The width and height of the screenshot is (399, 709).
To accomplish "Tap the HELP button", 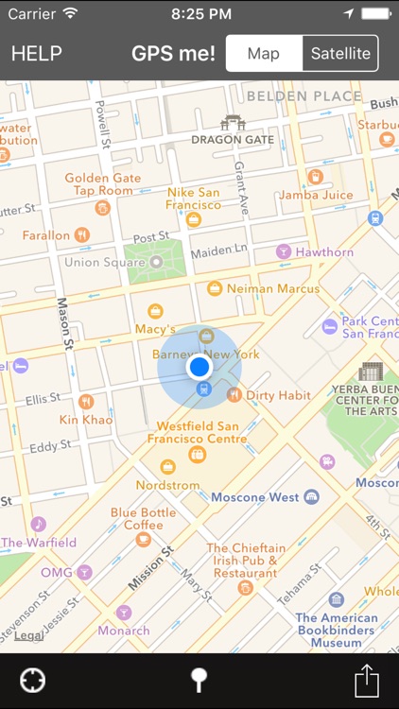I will pyautogui.click(x=37, y=53).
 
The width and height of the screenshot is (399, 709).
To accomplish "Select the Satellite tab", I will pyautogui.click(x=340, y=53).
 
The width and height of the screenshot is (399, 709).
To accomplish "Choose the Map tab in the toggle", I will pyautogui.click(x=264, y=53).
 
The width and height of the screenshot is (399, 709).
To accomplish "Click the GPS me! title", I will pyautogui.click(x=173, y=53).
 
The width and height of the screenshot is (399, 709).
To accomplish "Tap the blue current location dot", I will pyautogui.click(x=199, y=367).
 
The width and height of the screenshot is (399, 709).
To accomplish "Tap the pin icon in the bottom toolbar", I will pyautogui.click(x=199, y=681).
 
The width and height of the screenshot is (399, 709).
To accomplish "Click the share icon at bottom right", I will pyautogui.click(x=367, y=681).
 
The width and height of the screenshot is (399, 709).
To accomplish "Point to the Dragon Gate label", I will pyautogui.click(x=232, y=139).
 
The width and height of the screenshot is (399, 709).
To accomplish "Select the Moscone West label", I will pyautogui.click(x=254, y=497).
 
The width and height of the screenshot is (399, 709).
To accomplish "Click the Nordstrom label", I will pyautogui.click(x=167, y=485).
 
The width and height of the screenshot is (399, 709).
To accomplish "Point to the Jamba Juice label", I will pyautogui.click(x=316, y=195).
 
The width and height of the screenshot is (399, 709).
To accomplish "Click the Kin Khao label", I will pyautogui.click(x=86, y=419).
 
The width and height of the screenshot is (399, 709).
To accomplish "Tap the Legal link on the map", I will pyautogui.click(x=28, y=636).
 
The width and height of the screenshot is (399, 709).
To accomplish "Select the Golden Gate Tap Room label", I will pyautogui.click(x=98, y=184).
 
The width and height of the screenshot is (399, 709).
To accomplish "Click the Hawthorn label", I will pyautogui.click(x=324, y=252).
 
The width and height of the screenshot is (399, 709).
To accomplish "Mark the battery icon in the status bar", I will pyautogui.click(x=374, y=14).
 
